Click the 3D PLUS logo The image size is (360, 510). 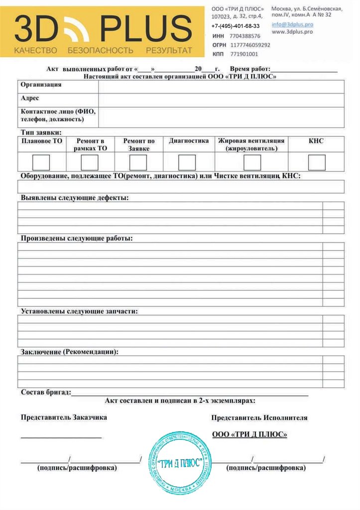click(103, 31)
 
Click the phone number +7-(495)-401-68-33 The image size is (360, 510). click(235, 26)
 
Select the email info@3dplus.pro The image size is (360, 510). click(292, 24)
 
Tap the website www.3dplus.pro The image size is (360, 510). click(292, 32)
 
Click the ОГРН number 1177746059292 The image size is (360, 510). click(250, 45)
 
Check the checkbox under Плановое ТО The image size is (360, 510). click(41, 163)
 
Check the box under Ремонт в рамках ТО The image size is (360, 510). click(90, 163)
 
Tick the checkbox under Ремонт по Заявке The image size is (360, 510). click(138, 163)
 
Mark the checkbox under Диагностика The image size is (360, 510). click(187, 163)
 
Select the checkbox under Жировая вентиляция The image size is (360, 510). click(252, 163)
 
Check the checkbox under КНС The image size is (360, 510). click(316, 163)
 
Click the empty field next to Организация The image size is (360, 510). click(221, 86)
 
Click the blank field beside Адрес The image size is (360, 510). click(221, 100)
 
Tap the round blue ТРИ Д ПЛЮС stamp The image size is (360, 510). click(180, 463)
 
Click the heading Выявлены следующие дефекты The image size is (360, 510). click(74, 198)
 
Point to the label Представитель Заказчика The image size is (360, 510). click(64, 417)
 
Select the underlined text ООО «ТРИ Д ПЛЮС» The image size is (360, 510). click(249, 434)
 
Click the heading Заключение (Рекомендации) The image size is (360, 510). click(70, 352)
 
